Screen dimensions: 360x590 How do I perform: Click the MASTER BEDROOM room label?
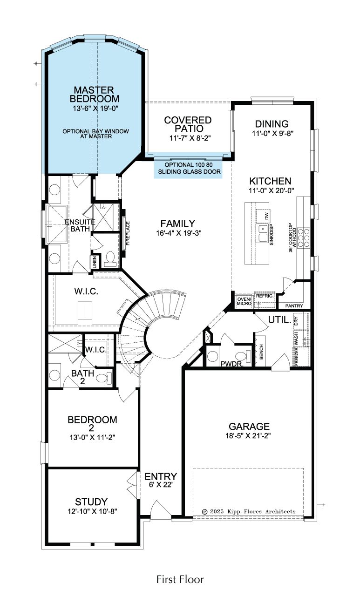click(x=94, y=94)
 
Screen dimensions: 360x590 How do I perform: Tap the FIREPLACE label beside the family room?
click(x=128, y=233)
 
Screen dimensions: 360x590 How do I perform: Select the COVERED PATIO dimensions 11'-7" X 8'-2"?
click(x=190, y=138)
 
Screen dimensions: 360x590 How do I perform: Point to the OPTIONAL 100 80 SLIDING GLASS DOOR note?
click(x=189, y=168)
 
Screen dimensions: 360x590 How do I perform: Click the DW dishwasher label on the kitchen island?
click(x=267, y=216)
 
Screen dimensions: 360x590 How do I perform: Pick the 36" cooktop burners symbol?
click(x=304, y=238)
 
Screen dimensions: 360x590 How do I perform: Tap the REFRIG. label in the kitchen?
click(x=265, y=296)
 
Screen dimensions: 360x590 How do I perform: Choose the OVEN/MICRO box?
click(x=245, y=301)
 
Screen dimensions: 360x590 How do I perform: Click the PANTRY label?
click(x=294, y=306)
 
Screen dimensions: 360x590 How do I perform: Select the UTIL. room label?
click(x=280, y=320)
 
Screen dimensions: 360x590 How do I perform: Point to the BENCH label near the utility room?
click(x=262, y=352)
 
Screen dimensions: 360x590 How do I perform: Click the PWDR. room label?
click(x=232, y=364)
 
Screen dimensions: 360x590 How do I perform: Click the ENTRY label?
click(x=161, y=476)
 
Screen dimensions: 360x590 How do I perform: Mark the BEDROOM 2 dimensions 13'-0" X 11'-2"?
click(x=92, y=438)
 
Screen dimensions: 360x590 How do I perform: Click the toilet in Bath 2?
click(x=104, y=378)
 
